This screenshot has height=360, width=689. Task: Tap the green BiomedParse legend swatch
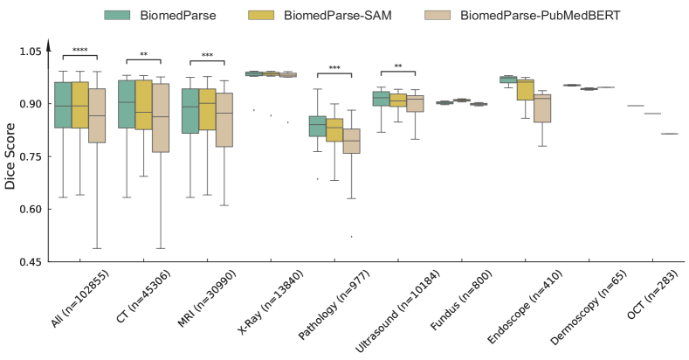point(118,15)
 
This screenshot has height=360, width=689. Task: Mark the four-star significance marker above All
point(79,51)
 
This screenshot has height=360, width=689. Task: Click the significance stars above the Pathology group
point(334,68)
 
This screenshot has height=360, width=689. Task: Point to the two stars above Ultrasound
point(397,66)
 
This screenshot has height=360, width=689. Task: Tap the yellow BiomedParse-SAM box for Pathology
point(334,129)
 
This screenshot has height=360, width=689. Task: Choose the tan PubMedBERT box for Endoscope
point(543,108)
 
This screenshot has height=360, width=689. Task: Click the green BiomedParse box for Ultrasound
point(380,98)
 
